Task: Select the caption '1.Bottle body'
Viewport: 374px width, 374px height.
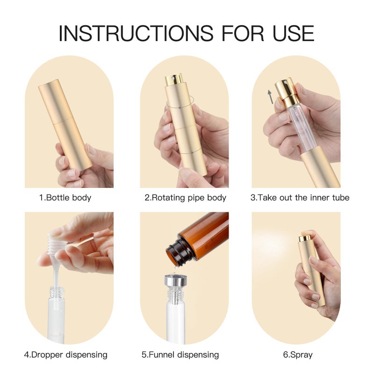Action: [x=65, y=197]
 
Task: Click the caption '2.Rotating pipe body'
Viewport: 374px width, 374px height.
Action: [x=185, y=197]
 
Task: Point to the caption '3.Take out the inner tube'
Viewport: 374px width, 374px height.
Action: [x=300, y=197]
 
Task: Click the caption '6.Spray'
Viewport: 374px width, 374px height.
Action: [x=298, y=355]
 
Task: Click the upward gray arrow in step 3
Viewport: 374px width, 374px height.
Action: [x=270, y=97]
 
